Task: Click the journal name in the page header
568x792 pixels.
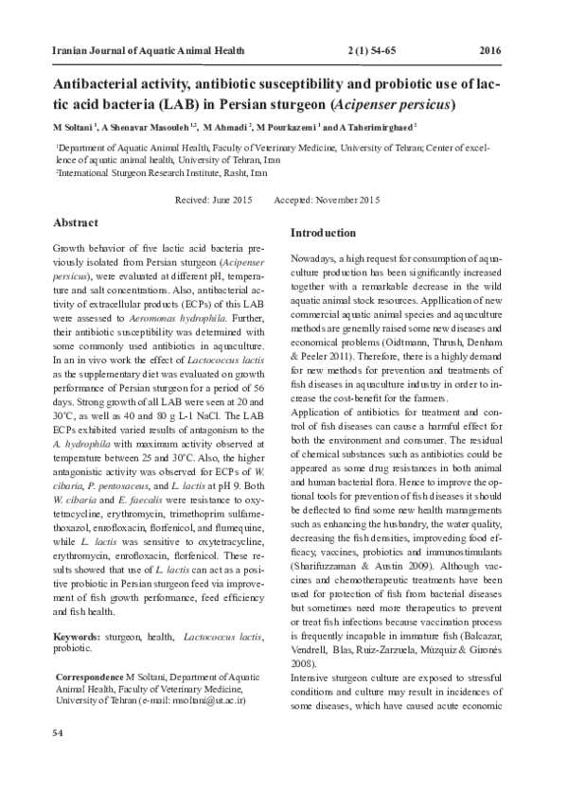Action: pyautogui.click(x=136, y=49)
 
